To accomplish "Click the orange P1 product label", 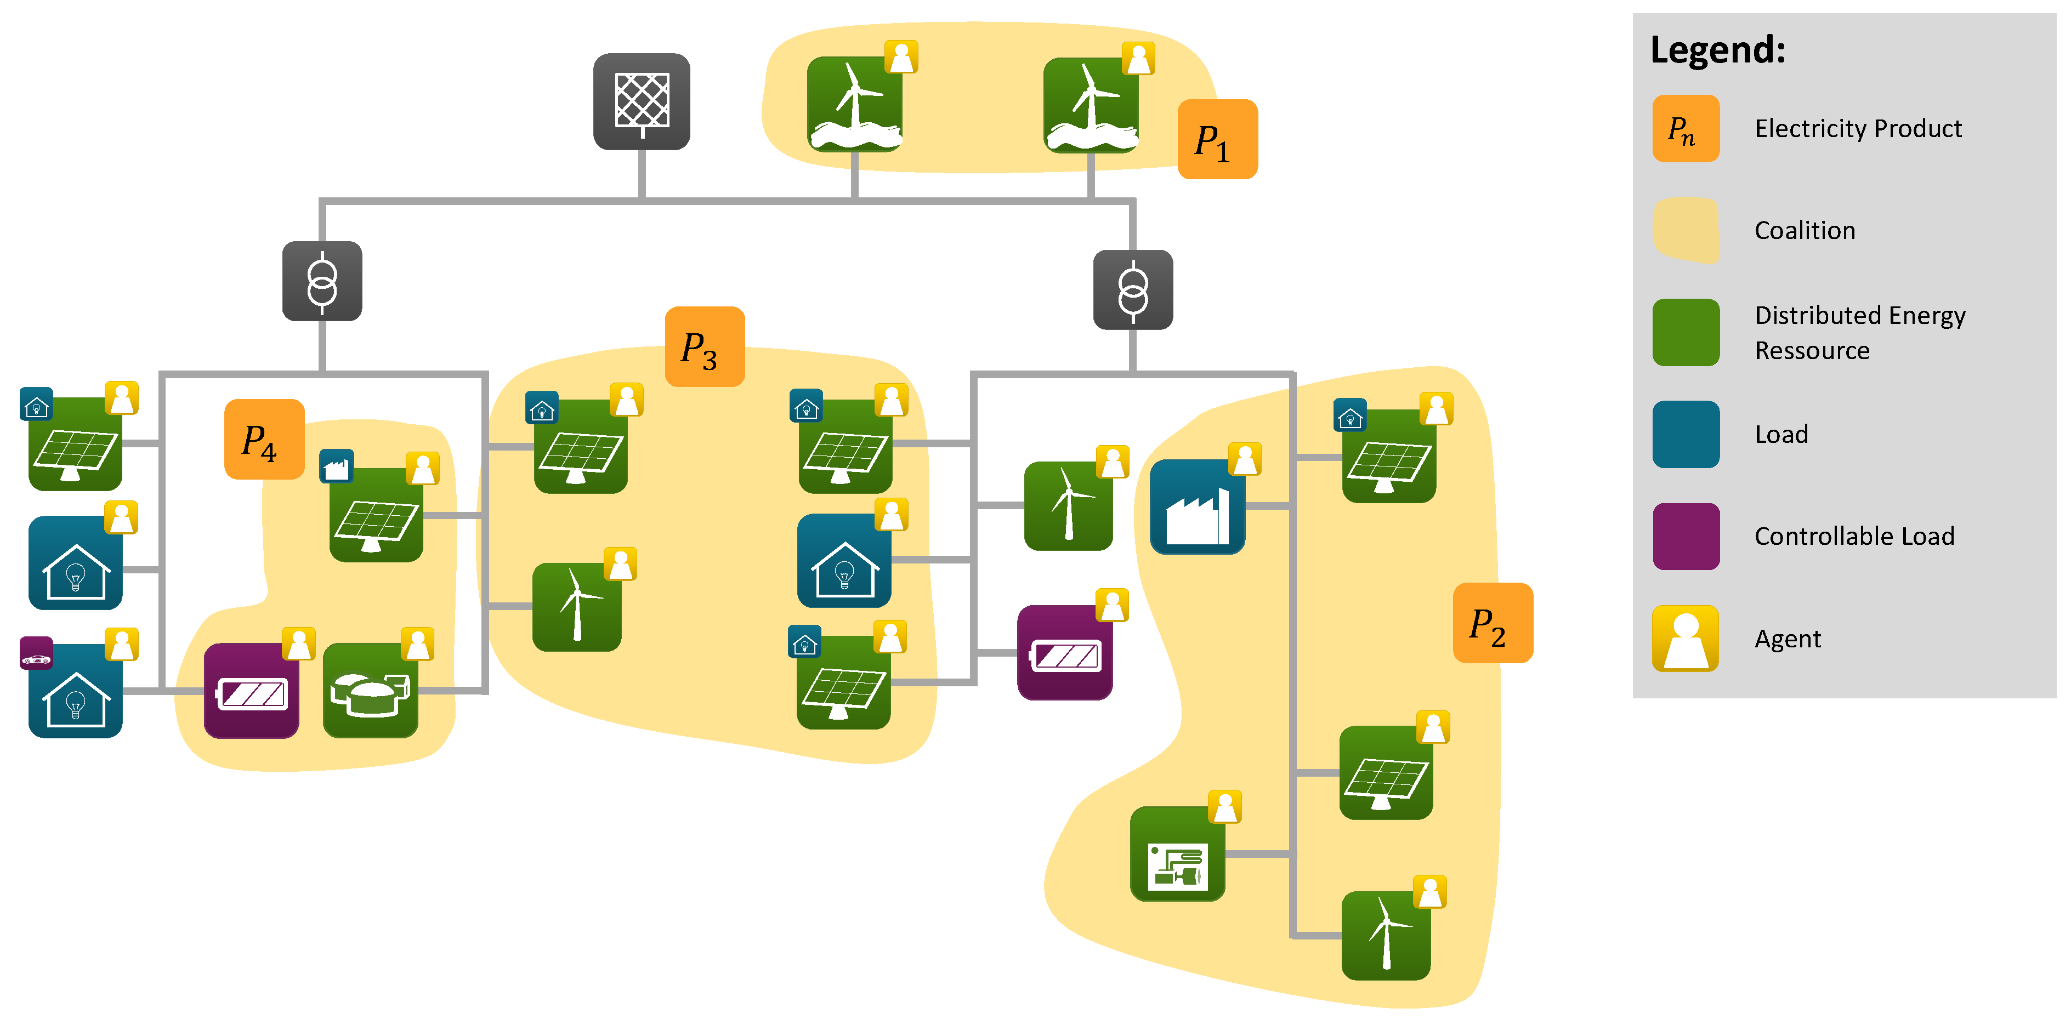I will pyautogui.click(x=1216, y=139).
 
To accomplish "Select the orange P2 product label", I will pyautogui.click(x=1492, y=623).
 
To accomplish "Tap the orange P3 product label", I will pyautogui.click(x=704, y=348).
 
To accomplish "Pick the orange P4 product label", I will pyautogui.click(x=264, y=440).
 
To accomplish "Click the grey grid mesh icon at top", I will pyautogui.click(x=642, y=102).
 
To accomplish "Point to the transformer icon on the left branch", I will pyautogui.click(x=322, y=281).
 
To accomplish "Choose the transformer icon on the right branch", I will pyautogui.click(x=1133, y=290).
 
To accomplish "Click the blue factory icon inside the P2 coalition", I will pyautogui.click(x=1197, y=507).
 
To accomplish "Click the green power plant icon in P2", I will pyautogui.click(x=1177, y=855).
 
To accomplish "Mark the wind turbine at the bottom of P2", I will pyautogui.click(x=1386, y=936).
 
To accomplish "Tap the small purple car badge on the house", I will pyautogui.click(x=36, y=653).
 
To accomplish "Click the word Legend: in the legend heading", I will pyautogui.click(x=1718, y=50).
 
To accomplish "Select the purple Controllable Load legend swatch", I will pyautogui.click(x=1686, y=536).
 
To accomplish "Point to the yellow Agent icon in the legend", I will pyautogui.click(x=1686, y=639).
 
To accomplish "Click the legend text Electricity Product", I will pyautogui.click(x=1858, y=129).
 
